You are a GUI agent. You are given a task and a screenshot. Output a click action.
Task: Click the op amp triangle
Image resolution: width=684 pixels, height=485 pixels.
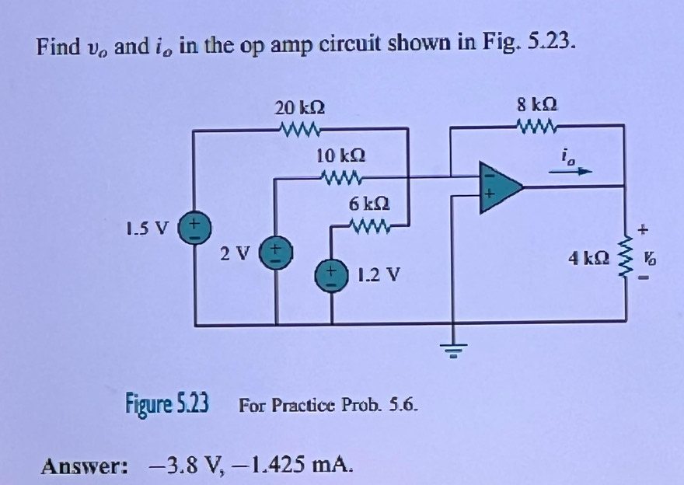pos(497,186)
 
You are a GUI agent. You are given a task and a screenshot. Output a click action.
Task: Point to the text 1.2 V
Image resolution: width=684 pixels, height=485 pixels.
pos(379,274)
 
